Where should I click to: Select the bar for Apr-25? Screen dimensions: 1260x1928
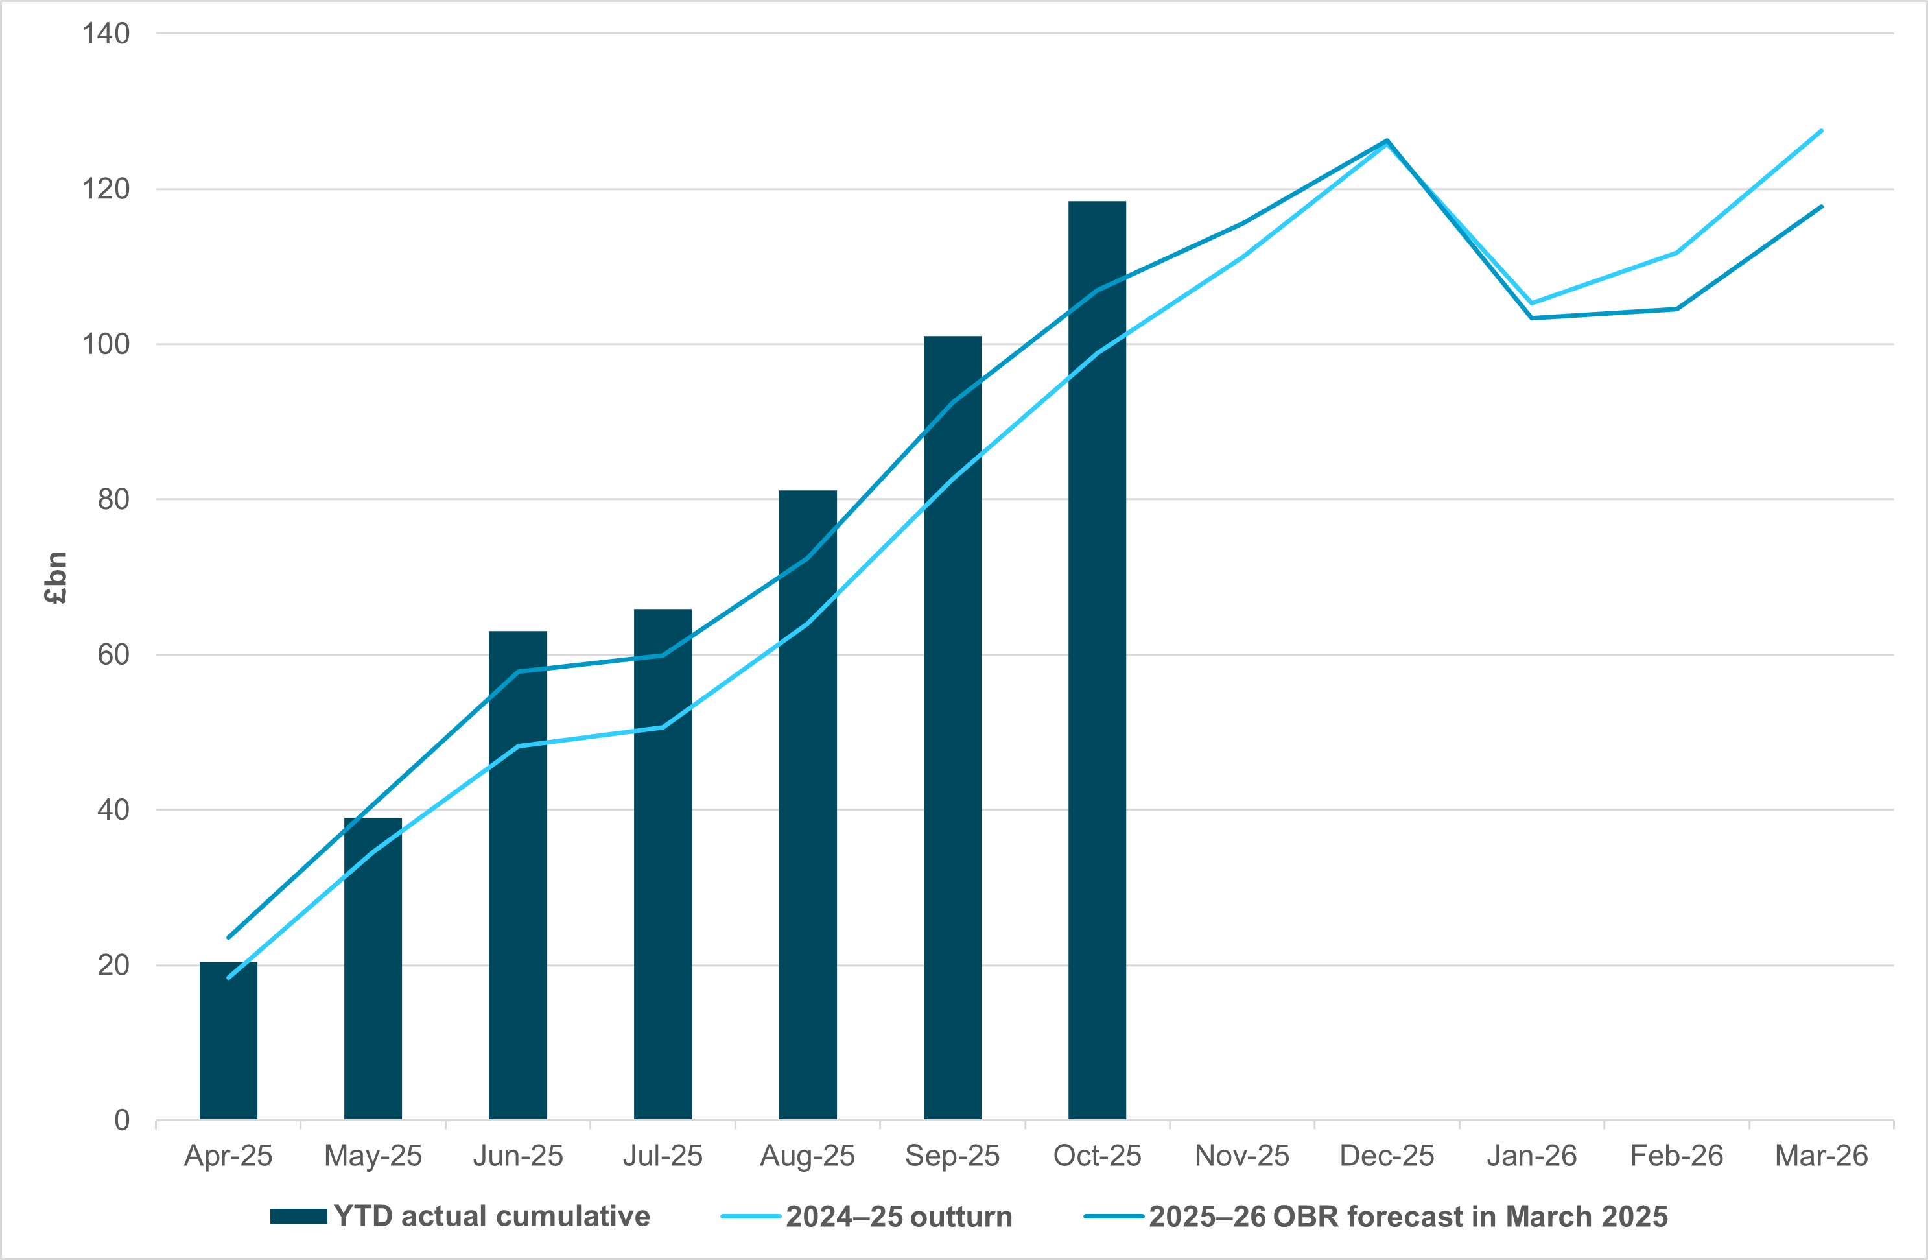(228, 1041)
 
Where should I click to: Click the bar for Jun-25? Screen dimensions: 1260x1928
(517, 875)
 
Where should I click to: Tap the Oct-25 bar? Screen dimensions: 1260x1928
(1097, 660)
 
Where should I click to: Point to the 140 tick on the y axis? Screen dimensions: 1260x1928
(106, 34)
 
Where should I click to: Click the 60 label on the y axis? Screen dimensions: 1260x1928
(113, 655)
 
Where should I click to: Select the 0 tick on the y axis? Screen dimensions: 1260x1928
(121, 1121)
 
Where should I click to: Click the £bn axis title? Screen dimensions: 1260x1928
(55, 578)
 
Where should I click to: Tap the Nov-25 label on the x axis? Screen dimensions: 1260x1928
(1242, 1156)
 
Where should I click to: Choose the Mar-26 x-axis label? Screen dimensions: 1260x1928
(1821, 1156)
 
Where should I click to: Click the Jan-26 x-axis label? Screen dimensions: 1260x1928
(1531, 1156)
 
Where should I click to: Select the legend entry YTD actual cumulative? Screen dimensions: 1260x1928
(491, 1217)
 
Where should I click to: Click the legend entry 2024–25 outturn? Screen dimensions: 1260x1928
(899, 1217)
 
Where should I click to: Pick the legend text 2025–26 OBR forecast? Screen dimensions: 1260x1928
(1408, 1217)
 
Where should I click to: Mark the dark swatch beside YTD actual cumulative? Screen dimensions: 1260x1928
(298, 1217)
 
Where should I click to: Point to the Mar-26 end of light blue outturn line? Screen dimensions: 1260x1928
(1821, 130)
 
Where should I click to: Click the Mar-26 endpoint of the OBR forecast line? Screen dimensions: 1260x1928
(1821, 207)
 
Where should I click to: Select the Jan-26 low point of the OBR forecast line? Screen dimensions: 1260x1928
(1531, 318)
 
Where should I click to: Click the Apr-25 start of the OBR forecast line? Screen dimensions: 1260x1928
(228, 938)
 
